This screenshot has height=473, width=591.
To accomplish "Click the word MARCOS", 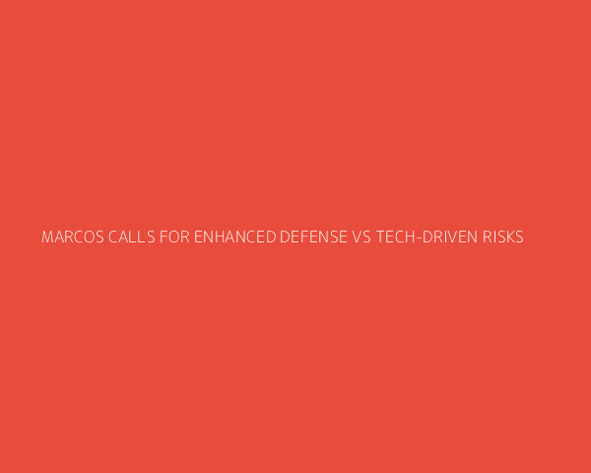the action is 72,236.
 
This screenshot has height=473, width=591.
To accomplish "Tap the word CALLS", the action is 132,236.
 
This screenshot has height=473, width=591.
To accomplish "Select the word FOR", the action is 174,236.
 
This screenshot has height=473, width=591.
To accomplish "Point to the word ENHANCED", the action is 235,236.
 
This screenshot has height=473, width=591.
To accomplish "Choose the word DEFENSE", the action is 313,236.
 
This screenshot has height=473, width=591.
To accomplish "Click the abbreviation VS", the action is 361,236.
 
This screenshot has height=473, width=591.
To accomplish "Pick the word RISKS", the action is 503,236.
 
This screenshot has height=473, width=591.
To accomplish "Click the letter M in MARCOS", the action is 47,236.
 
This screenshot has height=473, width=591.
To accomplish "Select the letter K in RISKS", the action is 509,236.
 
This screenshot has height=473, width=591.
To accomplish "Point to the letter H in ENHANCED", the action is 220,236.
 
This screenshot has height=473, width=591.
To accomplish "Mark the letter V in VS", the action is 357,236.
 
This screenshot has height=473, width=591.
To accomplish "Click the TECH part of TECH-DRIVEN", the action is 395,236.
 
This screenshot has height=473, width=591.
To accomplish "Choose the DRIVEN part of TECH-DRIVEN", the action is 450,236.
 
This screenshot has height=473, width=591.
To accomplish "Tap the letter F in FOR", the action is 164,236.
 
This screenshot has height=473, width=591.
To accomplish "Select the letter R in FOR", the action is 185,236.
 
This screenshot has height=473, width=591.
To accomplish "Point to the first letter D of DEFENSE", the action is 285,236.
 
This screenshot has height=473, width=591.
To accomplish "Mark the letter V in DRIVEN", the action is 450,236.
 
